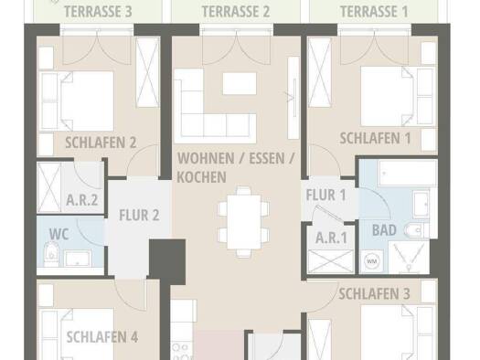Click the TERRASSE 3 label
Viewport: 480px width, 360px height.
point(98,12)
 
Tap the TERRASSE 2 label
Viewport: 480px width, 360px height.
point(236,12)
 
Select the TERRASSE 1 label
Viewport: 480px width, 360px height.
point(374,12)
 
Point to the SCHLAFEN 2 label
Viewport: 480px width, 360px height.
point(101,143)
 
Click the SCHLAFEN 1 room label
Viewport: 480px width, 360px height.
point(375,138)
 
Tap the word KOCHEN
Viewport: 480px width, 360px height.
point(201,177)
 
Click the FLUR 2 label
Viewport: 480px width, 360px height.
point(139,215)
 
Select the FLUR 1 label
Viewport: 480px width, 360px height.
point(326,196)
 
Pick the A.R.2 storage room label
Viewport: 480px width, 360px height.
point(82,200)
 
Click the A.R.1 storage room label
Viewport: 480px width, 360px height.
point(331,238)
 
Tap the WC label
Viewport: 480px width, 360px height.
point(59,234)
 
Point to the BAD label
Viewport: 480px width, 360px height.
point(384,230)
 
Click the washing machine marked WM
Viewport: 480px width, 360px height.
point(371,261)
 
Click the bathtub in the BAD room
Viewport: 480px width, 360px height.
point(408,174)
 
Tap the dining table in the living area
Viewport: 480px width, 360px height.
point(244,222)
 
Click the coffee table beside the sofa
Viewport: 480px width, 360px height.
point(240,83)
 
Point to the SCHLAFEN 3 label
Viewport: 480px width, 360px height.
point(374,293)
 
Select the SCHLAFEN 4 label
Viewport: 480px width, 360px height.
point(102,337)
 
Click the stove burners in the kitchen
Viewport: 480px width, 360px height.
point(181,351)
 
